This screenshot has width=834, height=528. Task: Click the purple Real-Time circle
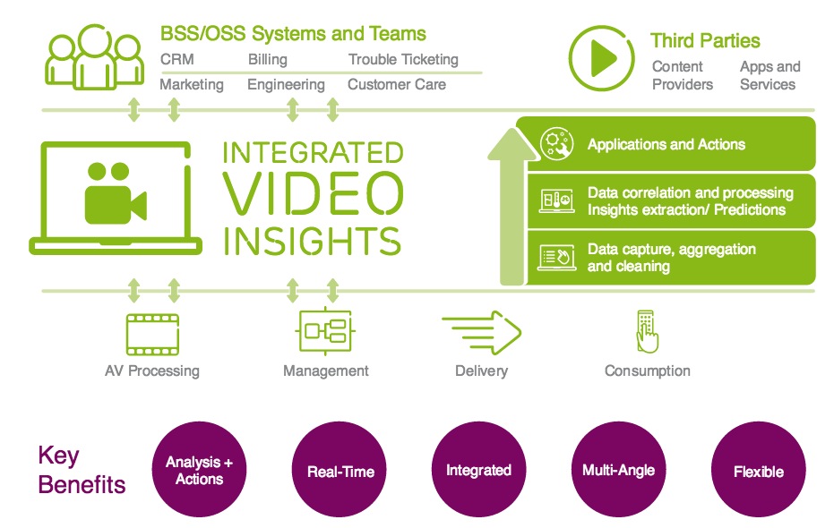click(x=340, y=470)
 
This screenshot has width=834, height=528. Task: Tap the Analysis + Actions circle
click(x=199, y=470)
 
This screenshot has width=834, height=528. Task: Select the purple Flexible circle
click(x=759, y=470)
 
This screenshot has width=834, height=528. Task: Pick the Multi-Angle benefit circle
click(x=619, y=470)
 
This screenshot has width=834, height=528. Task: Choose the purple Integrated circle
click(x=478, y=470)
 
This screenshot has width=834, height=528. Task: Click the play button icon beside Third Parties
click(x=602, y=58)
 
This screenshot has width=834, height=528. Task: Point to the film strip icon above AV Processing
click(x=152, y=334)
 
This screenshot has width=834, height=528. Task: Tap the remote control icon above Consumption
click(x=647, y=331)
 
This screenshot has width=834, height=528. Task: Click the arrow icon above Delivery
click(x=481, y=333)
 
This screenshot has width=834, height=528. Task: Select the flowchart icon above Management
click(x=325, y=330)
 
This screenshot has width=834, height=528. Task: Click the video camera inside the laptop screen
click(x=116, y=193)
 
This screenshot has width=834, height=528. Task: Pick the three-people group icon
click(x=95, y=57)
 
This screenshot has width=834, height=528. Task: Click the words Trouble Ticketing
click(x=403, y=59)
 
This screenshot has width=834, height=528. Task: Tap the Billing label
click(x=268, y=59)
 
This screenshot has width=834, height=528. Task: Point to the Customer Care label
click(x=397, y=84)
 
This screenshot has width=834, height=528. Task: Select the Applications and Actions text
click(x=666, y=144)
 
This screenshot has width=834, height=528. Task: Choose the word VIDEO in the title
click(x=313, y=193)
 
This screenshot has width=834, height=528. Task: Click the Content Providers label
click(x=683, y=75)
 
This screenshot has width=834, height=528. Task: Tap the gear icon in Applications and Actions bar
click(x=556, y=143)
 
